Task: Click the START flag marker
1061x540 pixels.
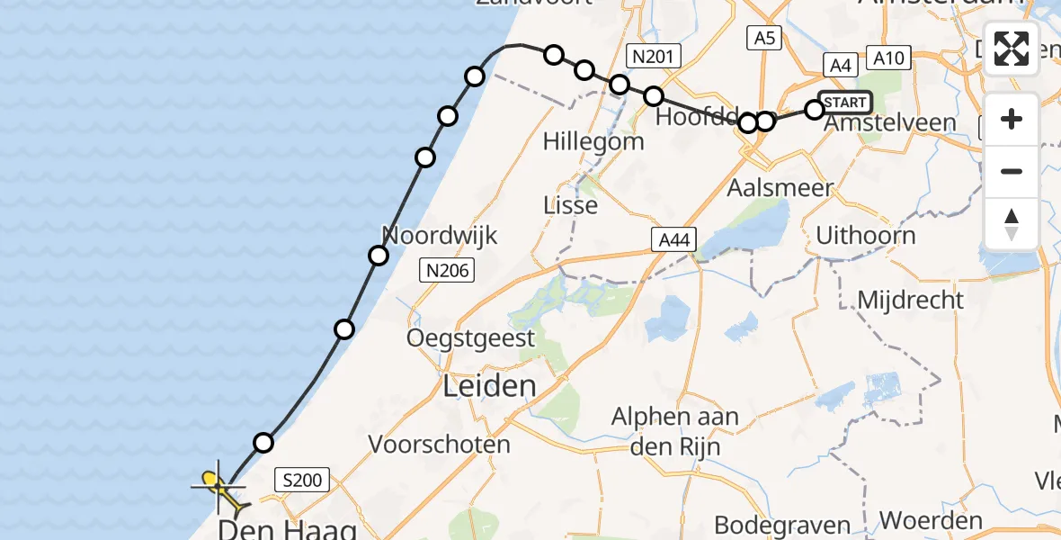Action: (844, 103)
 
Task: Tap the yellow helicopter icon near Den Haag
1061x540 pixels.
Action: (218, 487)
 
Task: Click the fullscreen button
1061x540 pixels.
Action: (1012, 49)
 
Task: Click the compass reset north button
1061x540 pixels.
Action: (1012, 224)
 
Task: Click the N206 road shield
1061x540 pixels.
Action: (447, 270)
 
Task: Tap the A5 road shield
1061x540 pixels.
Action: (763, 38)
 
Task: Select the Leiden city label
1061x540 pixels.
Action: (489, 386)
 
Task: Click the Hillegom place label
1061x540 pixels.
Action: (593, 141)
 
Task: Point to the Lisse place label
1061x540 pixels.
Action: (571, 205)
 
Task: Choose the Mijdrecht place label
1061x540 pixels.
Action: (910, 300)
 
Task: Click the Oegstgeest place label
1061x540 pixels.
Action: (470, 338)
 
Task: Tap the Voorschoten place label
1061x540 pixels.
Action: (440, 444)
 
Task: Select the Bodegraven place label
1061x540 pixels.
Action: (782, 524)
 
